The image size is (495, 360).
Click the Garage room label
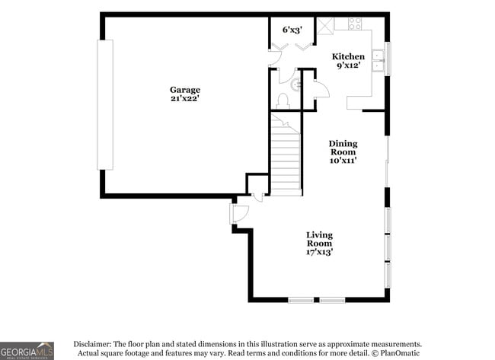pos(185,90)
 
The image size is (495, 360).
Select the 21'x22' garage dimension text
pos(185,100)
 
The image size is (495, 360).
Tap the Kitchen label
pos(347,56)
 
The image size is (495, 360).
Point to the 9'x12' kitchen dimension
pos(347,66)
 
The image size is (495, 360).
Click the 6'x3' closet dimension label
pos(292,30)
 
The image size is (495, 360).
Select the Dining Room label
pos(343,148)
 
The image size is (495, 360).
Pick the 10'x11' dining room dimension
pos(343,161)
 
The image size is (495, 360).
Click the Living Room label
pos(319,239)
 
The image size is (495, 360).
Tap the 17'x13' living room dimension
pos(319,252)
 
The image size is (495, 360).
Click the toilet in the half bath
pos(283,100)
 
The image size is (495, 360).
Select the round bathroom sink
pos(296,85)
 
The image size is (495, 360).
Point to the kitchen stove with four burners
pos(355,24)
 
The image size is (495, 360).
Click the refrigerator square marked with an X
pos(325,24)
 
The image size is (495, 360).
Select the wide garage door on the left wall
pos(104,104)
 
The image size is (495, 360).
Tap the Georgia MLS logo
pos(27,350)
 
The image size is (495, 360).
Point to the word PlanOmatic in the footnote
pos(398,353)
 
